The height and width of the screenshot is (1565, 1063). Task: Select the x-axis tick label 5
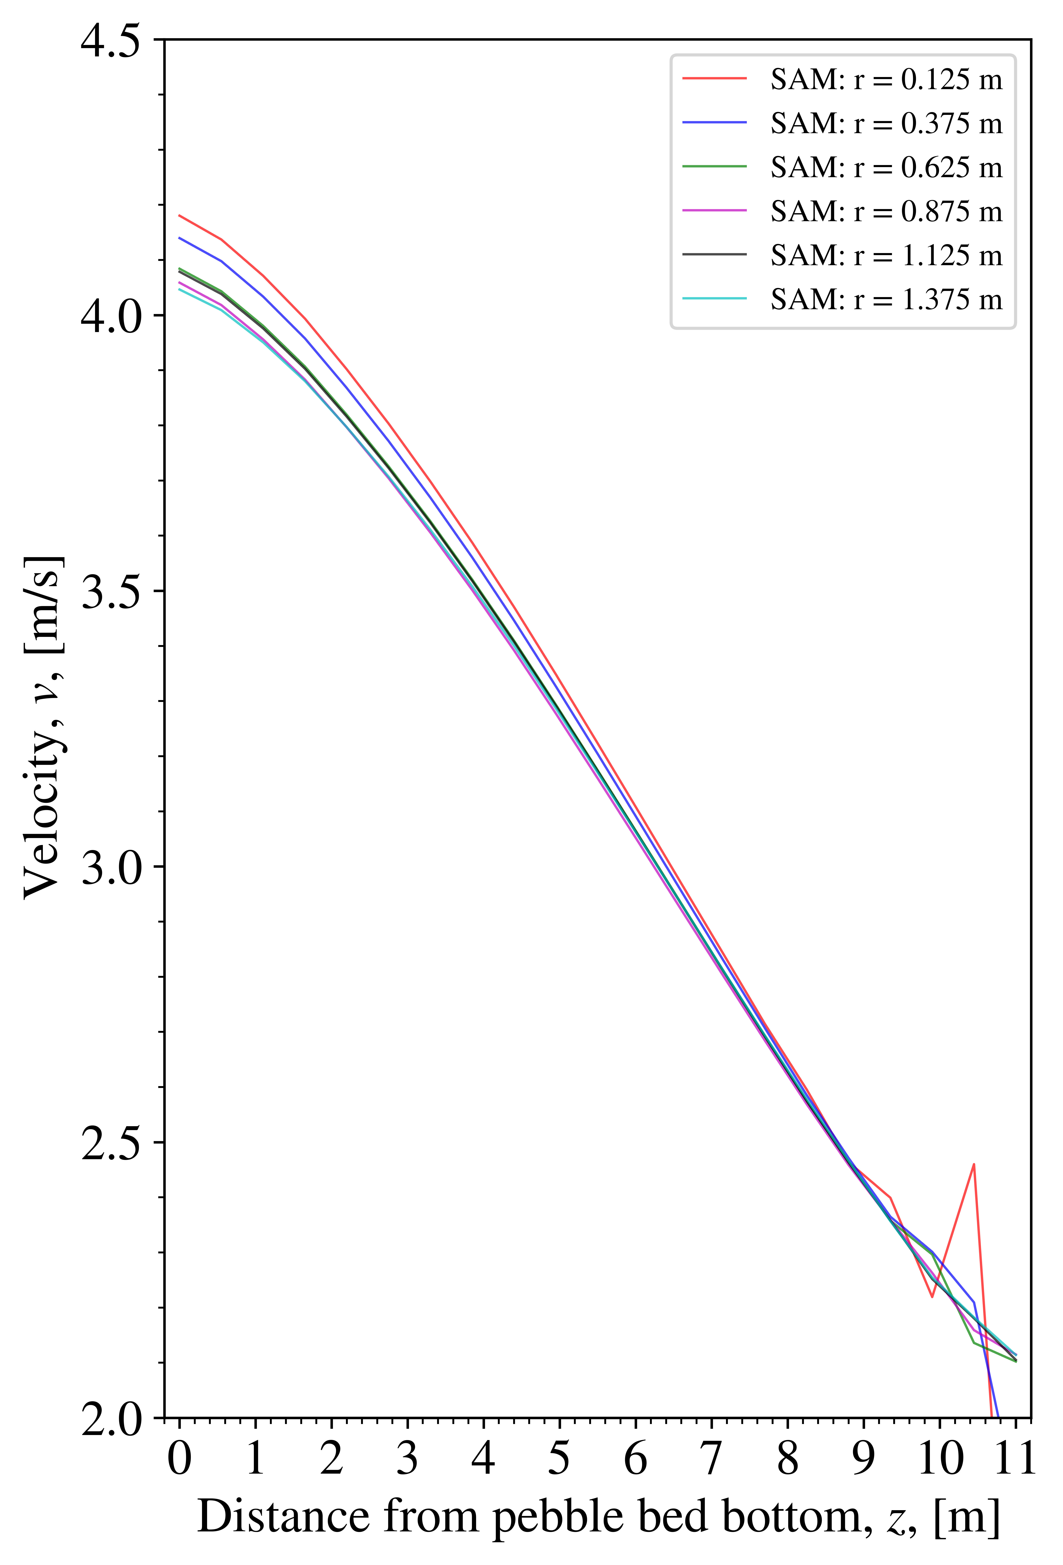click(x=559, y=1459)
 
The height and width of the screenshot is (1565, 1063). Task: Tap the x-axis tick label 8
click(x=788, y=1459)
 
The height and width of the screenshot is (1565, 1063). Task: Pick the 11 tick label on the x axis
click(x=1015, y=1459)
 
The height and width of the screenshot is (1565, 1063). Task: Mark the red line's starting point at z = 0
click(x=179, y=216)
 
